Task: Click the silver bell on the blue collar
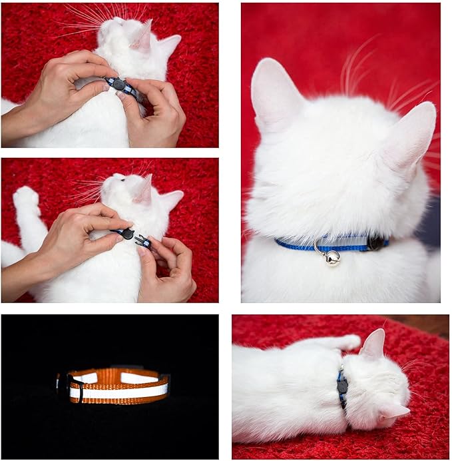(x=332, y=257)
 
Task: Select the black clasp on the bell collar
(x=375, y=243)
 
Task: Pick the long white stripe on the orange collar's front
(x=120, y=391)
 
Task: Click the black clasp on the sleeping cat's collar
(x=342, y=385)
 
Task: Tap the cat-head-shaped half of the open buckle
(x=125, y=234)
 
